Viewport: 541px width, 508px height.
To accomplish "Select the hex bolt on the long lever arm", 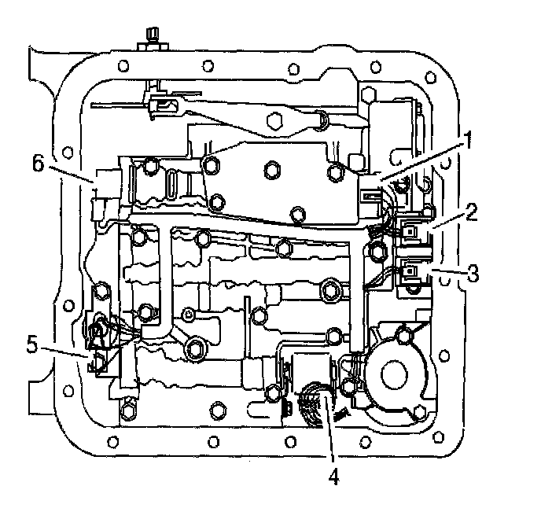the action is tap(274, 121).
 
